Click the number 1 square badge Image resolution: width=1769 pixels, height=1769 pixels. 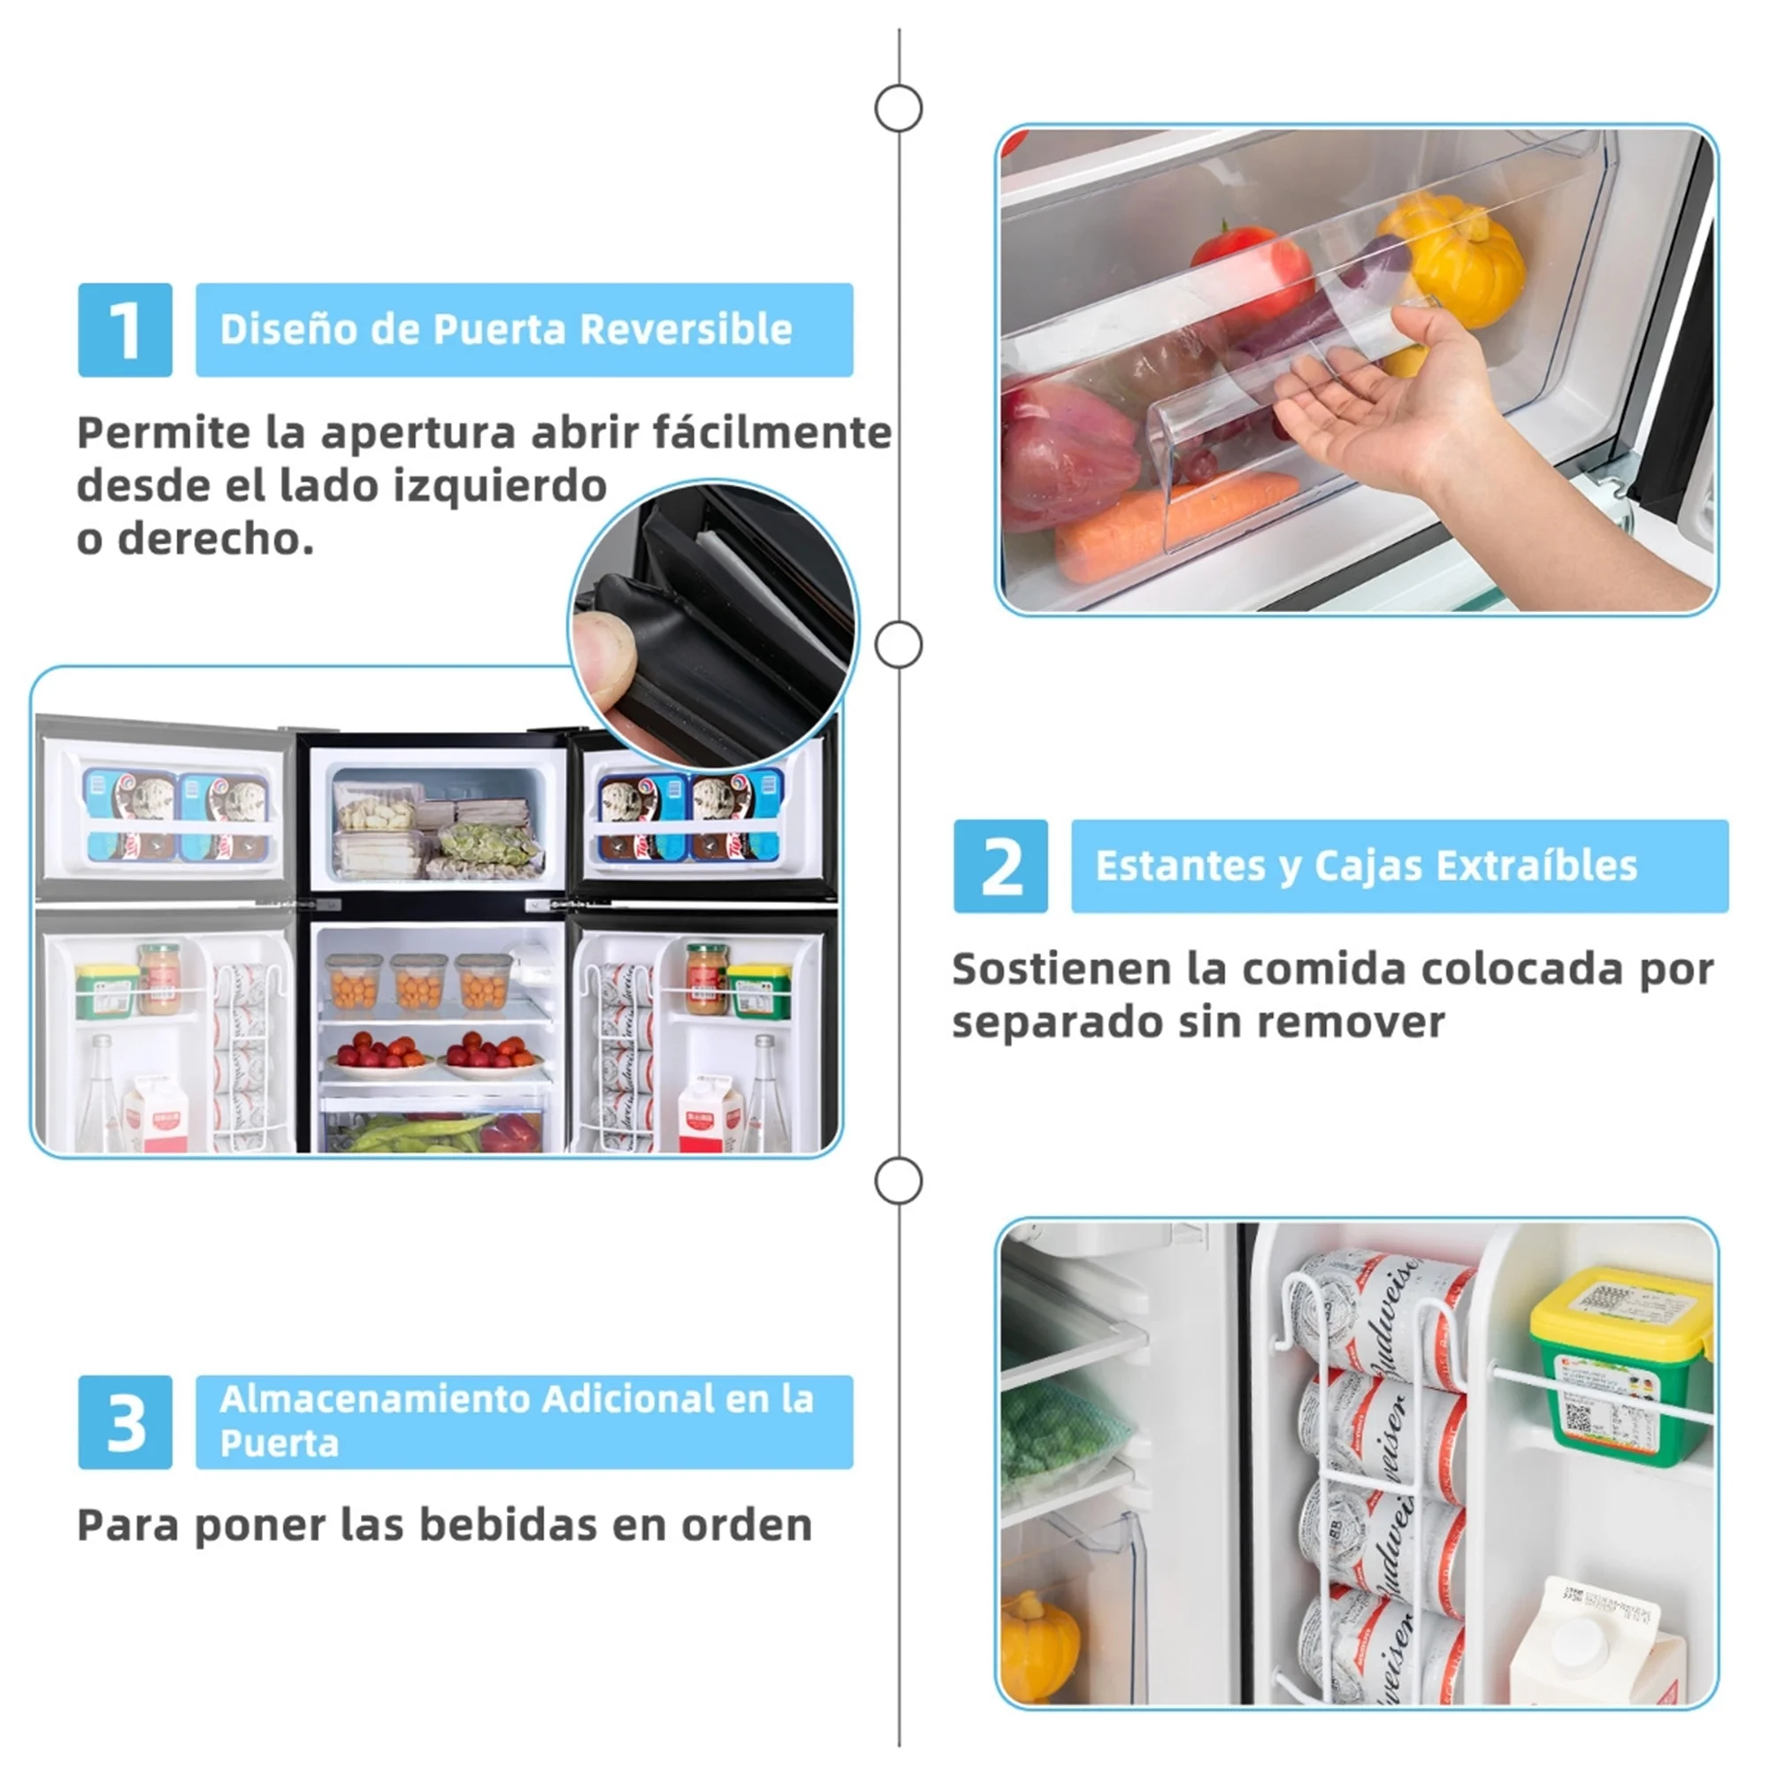pyautogui.click(x=125, y=330)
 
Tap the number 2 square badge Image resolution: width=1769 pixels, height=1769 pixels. pyautogui.click(x=999, y=865)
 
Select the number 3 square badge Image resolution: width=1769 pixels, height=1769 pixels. pyautogui.click(x=125, y=1421)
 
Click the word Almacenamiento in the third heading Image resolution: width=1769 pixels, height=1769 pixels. pyautogui.click(x=374, y=1398)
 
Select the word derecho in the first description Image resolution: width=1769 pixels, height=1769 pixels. pyautogui.click(x=215, y=539)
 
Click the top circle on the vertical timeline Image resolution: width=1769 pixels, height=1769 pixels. pyautogui.click(x=899, y=109)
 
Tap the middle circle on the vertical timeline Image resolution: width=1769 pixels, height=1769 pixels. pyautogui.click(x=899, y=646)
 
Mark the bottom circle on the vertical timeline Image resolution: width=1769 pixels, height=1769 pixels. pyautogui.click(x=899, y=1181)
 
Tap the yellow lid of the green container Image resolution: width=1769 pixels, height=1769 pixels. pyautogui.click(x=1619, y=1306)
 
